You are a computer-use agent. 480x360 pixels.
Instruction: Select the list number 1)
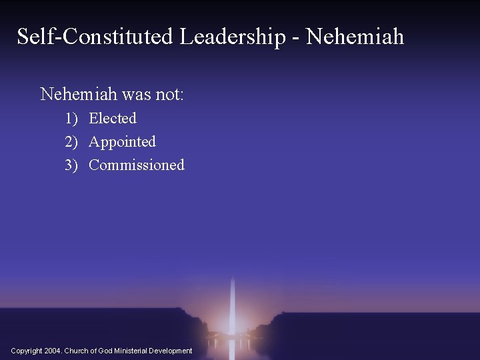tap(71, 119)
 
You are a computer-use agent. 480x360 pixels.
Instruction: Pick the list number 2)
tap(71, 142)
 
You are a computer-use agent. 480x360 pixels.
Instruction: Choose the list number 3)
tap(71, 165)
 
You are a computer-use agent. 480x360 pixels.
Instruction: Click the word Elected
tap(113, 119)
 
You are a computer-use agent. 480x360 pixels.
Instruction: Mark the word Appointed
tap(122, 142)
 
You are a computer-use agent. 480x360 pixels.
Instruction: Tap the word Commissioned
tap(137, 165)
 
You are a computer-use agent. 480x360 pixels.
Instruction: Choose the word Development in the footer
tap(171, 351)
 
